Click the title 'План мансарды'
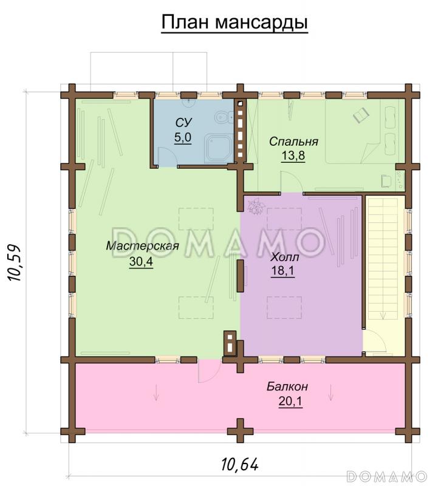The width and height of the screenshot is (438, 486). click(234, 22)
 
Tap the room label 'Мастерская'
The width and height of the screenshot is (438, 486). click(143, 246)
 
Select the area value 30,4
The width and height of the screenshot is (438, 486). click(141, 262)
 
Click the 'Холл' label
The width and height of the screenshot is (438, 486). click(285, 257)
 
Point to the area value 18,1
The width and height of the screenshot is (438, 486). click(282, 271)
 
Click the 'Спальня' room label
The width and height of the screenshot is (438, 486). click(293, 142)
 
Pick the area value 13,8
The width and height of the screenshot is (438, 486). click(293, 156)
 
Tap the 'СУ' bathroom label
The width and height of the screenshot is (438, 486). click(183, 123)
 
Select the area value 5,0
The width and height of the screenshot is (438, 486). click(183, 137)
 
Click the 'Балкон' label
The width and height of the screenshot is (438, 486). click(287, 386)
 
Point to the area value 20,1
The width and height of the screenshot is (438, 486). click(290, 402)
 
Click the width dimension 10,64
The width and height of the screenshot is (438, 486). click(240, 464)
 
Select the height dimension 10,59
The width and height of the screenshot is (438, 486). click(14, 263)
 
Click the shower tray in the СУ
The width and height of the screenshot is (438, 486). click(219, 148)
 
